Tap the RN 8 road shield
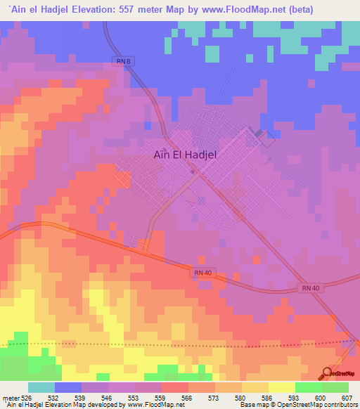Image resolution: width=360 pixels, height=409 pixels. (x=124, y=62)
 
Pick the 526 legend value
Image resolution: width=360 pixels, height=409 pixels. (x=28, y=397)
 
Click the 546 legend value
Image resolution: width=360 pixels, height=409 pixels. (x=108, y=397)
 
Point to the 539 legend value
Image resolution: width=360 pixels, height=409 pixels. (x=82, y=397)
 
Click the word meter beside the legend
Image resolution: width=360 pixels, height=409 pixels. (x=10, y=397)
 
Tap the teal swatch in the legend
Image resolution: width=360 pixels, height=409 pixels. (x=41, y=387)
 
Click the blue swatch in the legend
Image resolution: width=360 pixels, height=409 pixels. (x=68, y=387)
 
